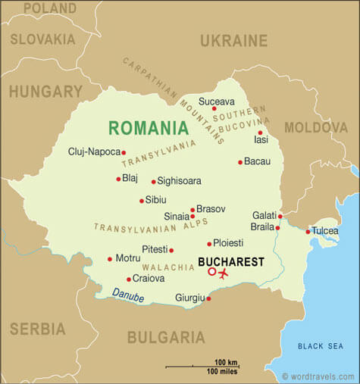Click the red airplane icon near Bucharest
tap(223, 273)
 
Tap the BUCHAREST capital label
tap(230, 262)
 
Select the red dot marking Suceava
tap(214, 108)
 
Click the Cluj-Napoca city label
tap(94, 151)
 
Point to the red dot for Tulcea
tap(308, 231)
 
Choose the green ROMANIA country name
tap(148, 127)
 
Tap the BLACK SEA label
tap(320, 346)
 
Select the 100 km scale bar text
tap(227, 362)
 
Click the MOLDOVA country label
tap(315, 126)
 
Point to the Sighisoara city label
tap(180, 182)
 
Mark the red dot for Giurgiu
tap(208, 298)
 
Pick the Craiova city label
tap(149, 279)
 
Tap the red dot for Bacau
tap(239, 162)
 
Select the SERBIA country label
tap(37, 329)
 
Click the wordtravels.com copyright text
tap(318, 376)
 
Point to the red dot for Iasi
tap(260, 133)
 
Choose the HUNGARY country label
tap(45, 91)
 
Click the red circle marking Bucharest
tap(211, 272)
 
